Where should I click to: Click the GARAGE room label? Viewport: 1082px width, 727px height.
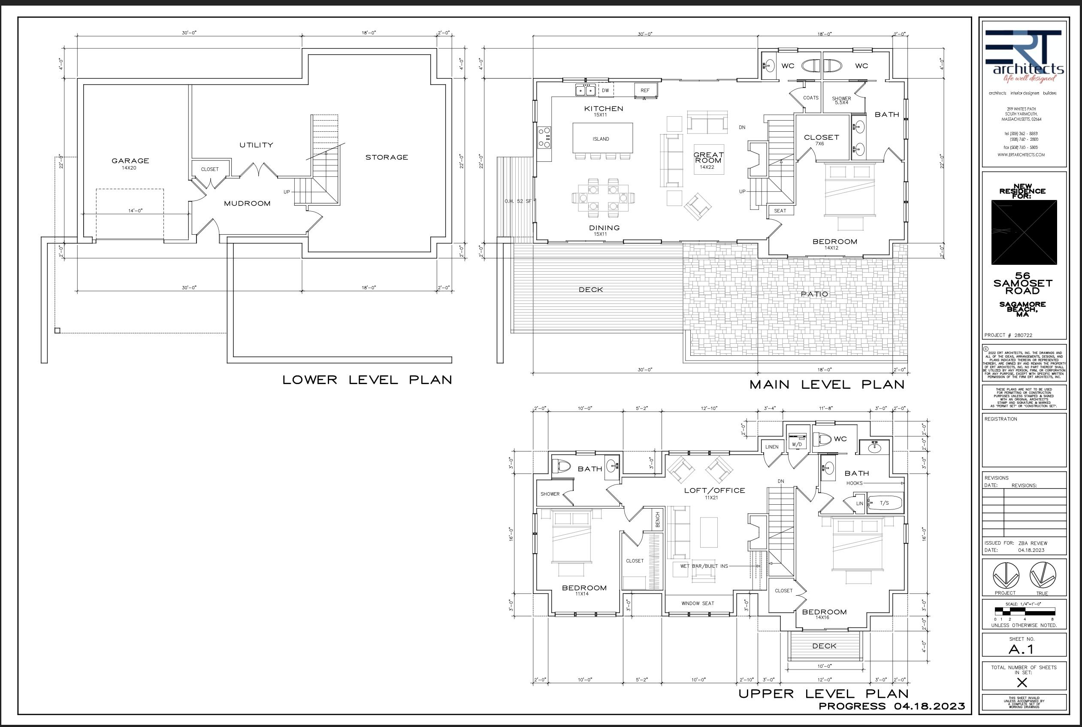130,161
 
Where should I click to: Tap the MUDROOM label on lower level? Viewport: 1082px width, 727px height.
247,203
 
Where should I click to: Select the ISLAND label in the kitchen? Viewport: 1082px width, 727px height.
601,139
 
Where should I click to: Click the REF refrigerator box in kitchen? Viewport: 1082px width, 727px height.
645,91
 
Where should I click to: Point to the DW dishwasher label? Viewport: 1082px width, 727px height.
605,91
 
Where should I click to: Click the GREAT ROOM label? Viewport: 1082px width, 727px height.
708,158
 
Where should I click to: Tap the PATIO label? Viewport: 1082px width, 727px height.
814,294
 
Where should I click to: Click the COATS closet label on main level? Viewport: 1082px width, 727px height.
810,98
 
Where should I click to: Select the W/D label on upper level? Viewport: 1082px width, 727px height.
797,445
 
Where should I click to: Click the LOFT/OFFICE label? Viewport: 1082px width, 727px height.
714,491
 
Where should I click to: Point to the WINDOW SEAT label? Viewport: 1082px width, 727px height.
698,603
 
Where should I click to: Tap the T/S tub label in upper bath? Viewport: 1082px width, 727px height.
884,503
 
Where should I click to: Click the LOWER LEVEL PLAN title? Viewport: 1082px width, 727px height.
367,380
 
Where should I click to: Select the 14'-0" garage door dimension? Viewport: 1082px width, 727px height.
135,211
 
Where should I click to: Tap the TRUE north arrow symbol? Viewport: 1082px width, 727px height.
1043,576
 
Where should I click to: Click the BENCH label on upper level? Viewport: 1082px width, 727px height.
658,519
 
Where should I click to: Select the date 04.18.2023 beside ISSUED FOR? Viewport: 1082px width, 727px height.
1031,550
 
